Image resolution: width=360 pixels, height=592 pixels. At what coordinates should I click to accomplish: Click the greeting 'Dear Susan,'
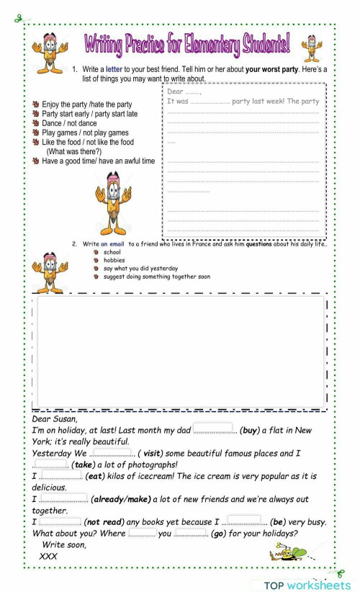(x=55, y=418)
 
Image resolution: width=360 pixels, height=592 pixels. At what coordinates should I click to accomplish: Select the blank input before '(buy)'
(x=214, y=429)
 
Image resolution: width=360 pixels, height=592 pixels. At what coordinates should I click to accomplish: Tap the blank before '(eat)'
(x=60, y=476)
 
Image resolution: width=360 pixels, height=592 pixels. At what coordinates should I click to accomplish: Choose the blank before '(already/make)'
(x=63, y=498)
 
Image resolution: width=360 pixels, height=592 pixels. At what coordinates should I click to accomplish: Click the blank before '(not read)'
(x=59, y=521)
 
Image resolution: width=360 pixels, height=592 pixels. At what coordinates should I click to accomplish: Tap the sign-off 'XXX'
(x=48, y=557)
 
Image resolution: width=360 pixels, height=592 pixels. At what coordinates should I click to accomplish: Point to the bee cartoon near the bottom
(x=288, y=553)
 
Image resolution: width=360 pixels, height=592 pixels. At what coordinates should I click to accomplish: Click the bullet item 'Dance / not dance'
(x=69, y=124)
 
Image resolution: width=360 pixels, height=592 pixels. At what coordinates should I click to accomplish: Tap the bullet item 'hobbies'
(x=114, y=260)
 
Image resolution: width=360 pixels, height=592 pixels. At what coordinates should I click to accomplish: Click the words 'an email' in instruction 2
(x=114, y=244)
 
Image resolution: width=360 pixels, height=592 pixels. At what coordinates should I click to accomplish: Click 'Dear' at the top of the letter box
(x=175, y=91)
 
